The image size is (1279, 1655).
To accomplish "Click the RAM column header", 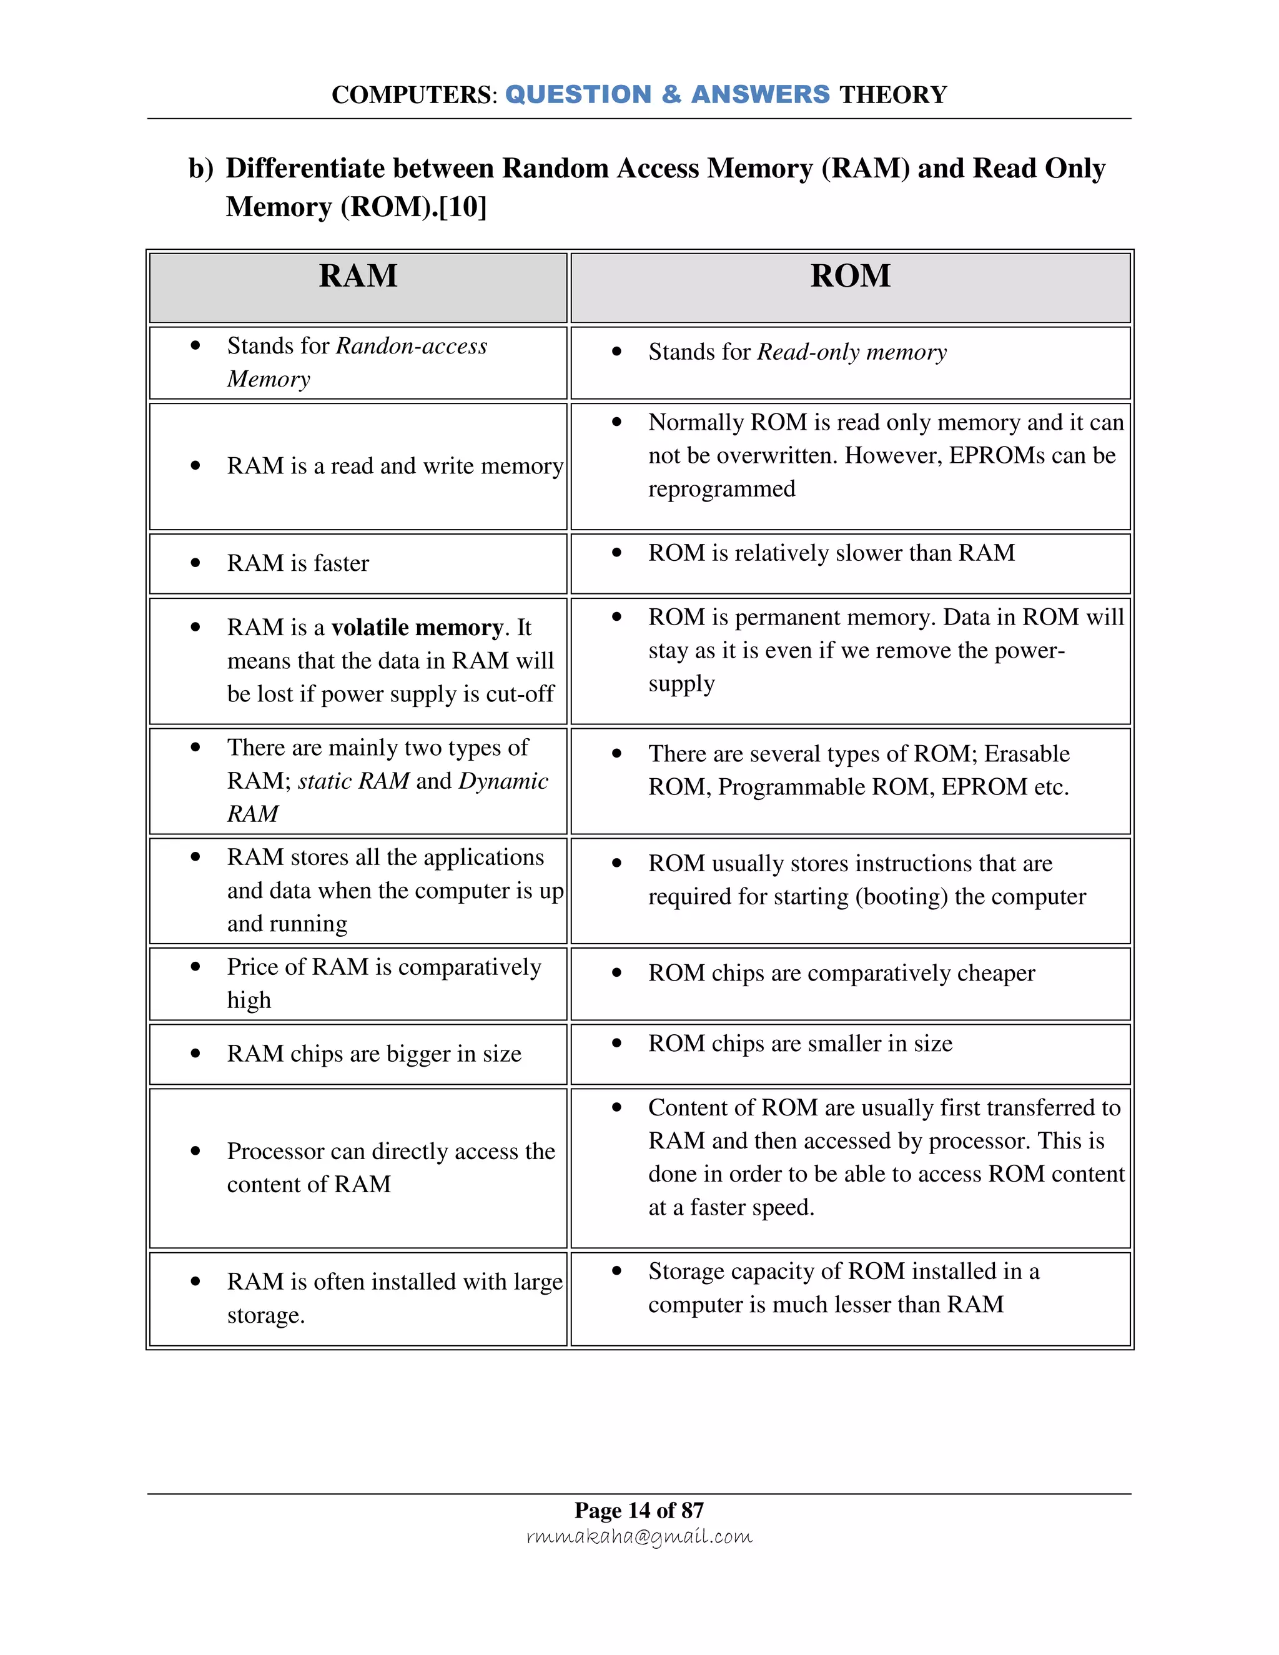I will pos(358,276).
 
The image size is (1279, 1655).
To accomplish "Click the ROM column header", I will pos(850,276).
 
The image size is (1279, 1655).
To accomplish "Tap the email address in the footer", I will pos(639,1536).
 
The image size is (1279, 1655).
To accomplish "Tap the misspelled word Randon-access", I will pos(412,347).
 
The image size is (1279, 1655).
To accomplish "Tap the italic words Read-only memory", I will pos(852,352).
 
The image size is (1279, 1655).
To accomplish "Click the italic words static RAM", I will pos(353,781).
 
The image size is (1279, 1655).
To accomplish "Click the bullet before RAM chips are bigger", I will pos(195,1054).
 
